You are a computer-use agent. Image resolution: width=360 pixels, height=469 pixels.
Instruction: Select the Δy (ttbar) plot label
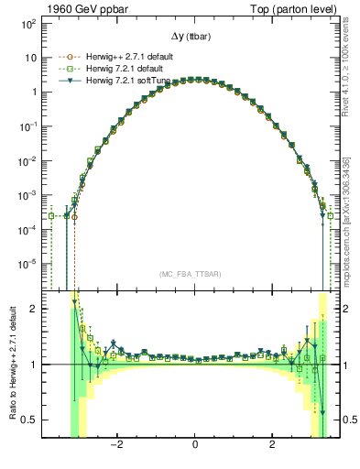[194, 36]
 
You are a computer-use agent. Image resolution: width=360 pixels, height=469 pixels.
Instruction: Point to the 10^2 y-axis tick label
[29, 23]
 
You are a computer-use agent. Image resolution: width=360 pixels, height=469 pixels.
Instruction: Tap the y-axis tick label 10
[31, 58]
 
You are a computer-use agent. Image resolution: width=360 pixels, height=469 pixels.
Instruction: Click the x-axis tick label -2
[116, 445]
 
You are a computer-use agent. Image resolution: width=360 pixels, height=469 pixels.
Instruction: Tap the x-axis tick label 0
[195, 445]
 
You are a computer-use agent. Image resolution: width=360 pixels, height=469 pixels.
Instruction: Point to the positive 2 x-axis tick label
[272, 445]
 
